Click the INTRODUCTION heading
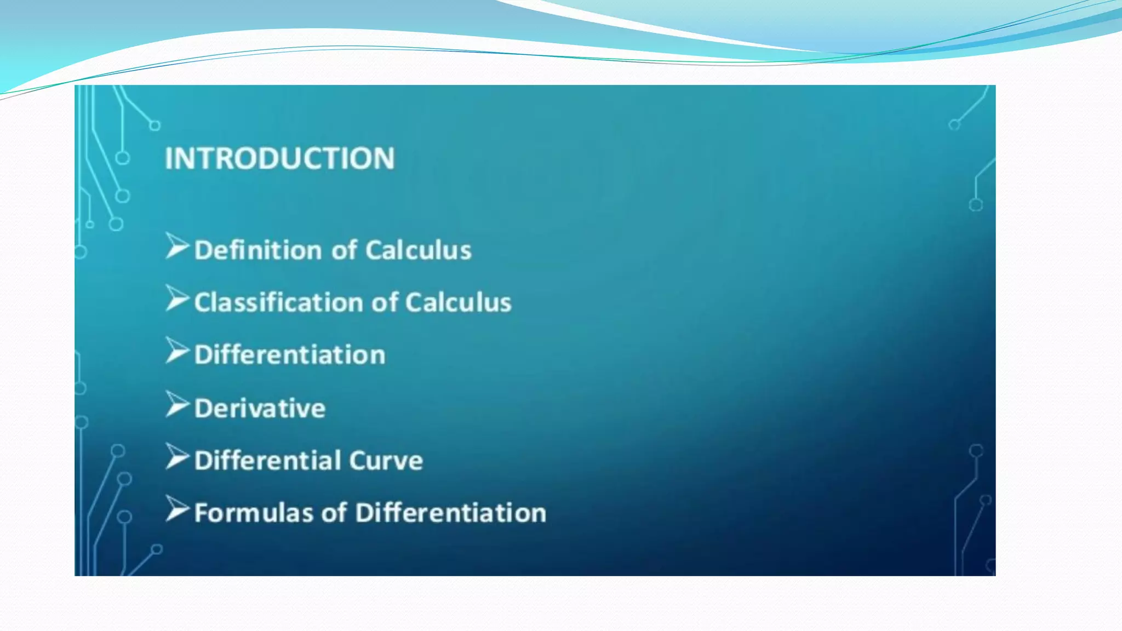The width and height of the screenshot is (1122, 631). click(x=279, y=158)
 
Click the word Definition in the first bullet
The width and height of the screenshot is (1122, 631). click(x=257, y=250)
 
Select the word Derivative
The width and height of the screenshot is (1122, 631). click(x=260, y=409)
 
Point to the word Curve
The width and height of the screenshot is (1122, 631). click(x=386, y=461)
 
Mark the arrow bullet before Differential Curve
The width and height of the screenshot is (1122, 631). click(x=177, y=457)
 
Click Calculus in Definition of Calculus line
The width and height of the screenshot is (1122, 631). click(x=418, y=250)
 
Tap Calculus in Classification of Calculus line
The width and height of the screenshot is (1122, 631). click(x=458, y=303)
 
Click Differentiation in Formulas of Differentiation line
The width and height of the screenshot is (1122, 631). click(x=450, y=513)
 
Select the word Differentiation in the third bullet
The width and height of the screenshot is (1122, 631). click(x=290, y=355)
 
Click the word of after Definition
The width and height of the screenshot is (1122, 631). click(x=345, y=250)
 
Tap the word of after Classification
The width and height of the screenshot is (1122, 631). click(x=385, y=303)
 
